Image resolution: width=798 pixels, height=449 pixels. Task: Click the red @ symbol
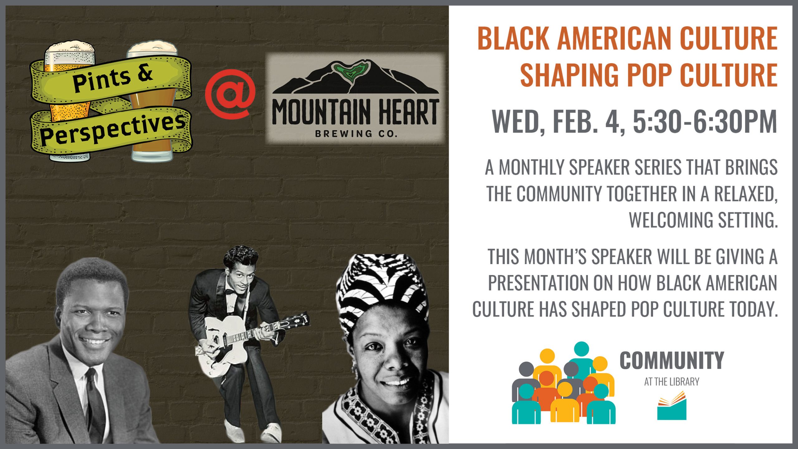[230, 94]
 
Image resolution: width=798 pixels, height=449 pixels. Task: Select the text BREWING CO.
[356, 134]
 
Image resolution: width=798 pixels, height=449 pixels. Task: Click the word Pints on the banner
[102, 80]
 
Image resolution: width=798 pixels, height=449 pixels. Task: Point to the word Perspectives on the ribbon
[113, 129]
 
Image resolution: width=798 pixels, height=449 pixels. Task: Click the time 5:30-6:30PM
[705, 122]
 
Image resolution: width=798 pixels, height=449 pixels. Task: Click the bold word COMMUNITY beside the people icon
[672, 360]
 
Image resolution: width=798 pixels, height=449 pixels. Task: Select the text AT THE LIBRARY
[672, 382]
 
